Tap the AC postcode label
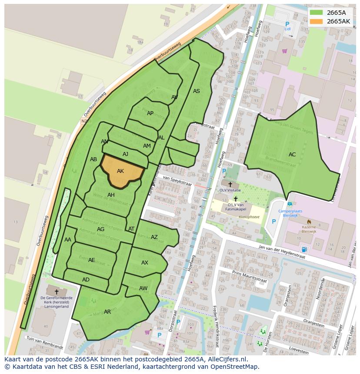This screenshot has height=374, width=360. (292, 154)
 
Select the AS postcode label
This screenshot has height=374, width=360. (197, 91)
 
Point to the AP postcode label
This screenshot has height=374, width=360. (150, 113)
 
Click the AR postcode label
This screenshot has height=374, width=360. (107, 312)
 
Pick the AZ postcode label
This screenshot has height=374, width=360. (154, 237)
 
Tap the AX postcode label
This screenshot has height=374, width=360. (145, 263)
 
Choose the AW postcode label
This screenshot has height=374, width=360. (143, 288)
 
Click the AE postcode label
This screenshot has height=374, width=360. (91, 260)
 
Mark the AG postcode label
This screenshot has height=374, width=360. (100, 229)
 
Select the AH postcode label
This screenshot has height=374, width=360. (111, 195)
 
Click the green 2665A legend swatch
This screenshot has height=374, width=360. (317, 13)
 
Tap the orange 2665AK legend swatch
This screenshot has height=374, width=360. (317, 21)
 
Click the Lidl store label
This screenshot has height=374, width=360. (287, 29)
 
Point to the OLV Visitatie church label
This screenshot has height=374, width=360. (230, 190)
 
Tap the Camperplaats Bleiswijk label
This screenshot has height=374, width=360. (290, 214)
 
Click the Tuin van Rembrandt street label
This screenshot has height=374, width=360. (45, 343)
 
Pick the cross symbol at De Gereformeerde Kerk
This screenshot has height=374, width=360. (57, 292)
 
